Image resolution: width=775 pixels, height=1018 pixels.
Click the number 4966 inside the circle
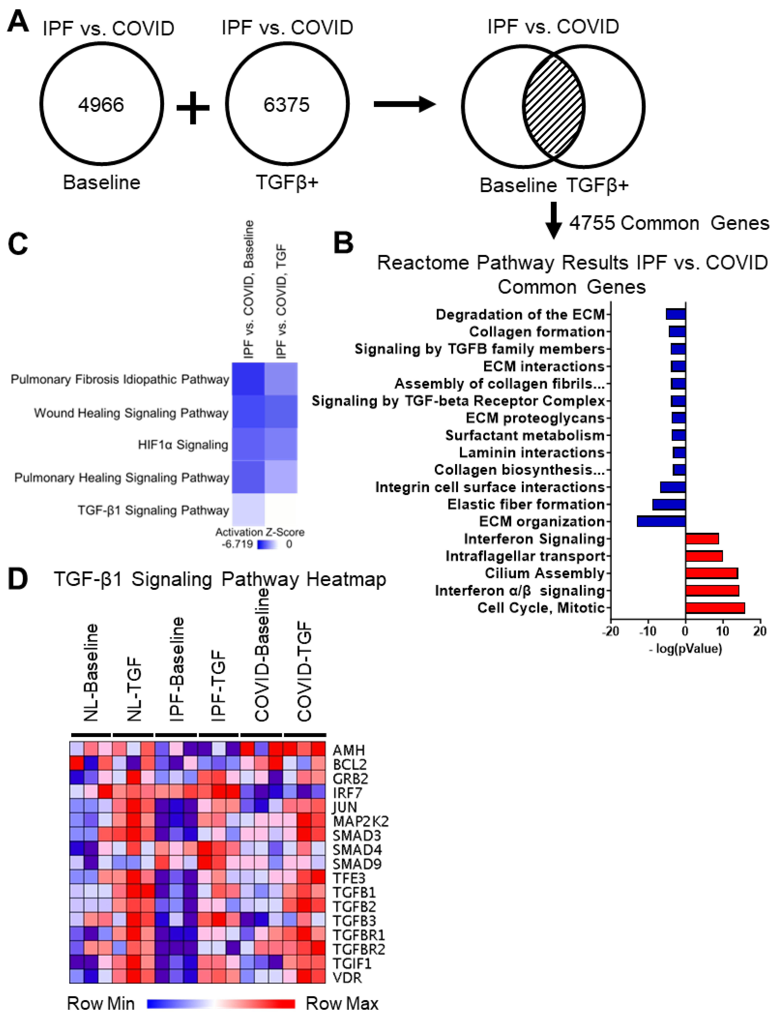click(101, 105)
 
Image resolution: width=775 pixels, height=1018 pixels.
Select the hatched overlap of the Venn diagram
click(554, 106)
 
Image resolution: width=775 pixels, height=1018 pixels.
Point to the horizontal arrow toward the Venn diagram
click(404, 104)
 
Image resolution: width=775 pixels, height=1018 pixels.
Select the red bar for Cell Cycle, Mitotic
click(715, 608)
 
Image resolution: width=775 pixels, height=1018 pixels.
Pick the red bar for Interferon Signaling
click(702, 538)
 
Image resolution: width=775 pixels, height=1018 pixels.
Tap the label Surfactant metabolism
click(525, 435)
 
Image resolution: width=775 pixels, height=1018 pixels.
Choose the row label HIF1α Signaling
click(183, 445)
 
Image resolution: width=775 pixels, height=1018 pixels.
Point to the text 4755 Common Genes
click(669, 223)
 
